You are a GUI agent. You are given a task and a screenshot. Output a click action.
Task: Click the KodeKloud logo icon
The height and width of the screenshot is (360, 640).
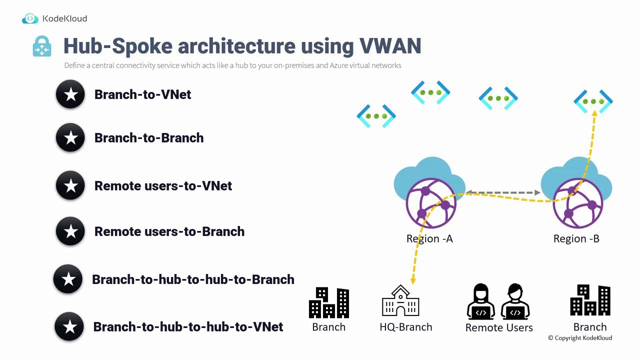(30, 18)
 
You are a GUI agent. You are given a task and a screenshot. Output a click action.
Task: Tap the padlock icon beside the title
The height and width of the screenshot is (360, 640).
(42, 46)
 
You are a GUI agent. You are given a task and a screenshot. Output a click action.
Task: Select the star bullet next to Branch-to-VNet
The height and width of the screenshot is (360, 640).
(70, 94)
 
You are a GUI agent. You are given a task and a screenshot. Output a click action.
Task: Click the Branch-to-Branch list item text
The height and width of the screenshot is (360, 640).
(149, 137)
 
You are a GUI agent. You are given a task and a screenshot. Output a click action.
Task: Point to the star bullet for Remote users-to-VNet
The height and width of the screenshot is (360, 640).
(70, 185)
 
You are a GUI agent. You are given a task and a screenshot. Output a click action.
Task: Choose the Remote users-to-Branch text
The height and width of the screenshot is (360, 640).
(169, 231)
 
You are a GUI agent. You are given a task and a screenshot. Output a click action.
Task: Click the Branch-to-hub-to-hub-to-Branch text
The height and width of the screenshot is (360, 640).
(193, 279)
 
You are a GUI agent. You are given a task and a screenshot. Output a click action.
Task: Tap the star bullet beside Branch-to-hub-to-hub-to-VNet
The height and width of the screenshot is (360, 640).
(69, 327)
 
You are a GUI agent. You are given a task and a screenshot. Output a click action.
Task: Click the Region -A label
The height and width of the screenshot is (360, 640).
(429, 238)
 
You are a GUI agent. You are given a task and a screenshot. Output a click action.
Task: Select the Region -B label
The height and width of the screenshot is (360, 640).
(576, 238)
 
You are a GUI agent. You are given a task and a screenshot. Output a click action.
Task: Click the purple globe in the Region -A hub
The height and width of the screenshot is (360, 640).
(431, 203)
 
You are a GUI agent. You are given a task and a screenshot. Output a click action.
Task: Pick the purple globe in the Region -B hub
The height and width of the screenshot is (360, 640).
(578, 203)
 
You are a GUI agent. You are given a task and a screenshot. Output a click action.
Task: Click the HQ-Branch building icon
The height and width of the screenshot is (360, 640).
(400, 300)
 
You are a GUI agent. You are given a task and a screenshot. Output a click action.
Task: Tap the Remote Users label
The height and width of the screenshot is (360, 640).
(499, 327)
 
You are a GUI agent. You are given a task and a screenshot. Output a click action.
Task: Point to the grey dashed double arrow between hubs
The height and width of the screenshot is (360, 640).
(503, 192)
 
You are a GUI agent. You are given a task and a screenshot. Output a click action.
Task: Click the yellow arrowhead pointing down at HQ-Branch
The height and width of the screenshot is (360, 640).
(413, 281)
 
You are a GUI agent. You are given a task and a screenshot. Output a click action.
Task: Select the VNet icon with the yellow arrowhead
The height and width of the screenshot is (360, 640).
(593, 101)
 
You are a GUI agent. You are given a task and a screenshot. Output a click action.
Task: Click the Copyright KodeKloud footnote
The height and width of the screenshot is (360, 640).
(580, 338)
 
